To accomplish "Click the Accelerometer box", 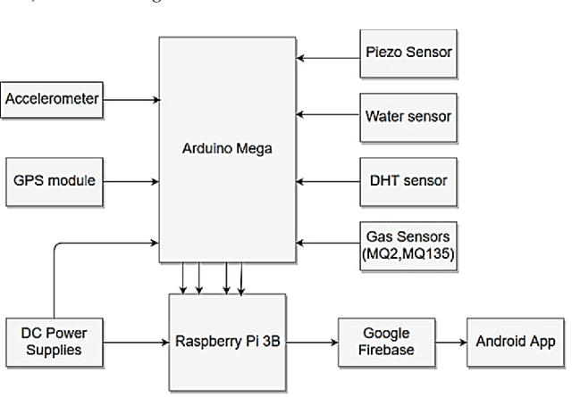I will click(51, 99).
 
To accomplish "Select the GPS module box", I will click(51, 181).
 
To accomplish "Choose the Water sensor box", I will click(408, 116).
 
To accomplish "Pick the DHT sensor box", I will click(408, 181).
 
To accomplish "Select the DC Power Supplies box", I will click(51, 341).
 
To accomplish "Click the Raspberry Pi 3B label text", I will click(228, 342).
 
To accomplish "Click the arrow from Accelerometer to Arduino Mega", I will click(130, 99).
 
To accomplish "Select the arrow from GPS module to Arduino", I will click(130, 181).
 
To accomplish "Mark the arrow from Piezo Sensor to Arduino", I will click(327, 58).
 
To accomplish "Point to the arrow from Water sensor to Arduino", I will click(327, 113).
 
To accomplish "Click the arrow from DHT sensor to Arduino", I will click(327, 181).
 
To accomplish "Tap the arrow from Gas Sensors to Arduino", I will click(327, 241).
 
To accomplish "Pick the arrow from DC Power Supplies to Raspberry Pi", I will click(135, 340).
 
